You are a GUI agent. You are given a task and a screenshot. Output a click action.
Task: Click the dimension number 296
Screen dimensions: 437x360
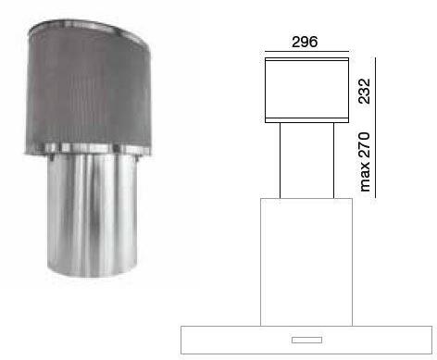point(305,42)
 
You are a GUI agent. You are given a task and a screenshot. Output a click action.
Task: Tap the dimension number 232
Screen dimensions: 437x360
point(364,91)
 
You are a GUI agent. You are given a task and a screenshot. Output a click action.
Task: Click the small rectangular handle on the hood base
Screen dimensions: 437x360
point(306,340)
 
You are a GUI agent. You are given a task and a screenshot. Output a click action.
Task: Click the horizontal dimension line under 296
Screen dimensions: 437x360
point(306,52)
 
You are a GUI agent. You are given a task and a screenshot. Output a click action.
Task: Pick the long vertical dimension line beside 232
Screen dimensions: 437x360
point(375,128)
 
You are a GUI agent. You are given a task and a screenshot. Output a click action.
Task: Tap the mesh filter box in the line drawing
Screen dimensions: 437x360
point(306,90)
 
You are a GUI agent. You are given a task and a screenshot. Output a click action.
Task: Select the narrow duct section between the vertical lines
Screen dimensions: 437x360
point(306,160)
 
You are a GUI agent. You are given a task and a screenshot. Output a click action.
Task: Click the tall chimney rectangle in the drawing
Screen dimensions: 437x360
point(306,262)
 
